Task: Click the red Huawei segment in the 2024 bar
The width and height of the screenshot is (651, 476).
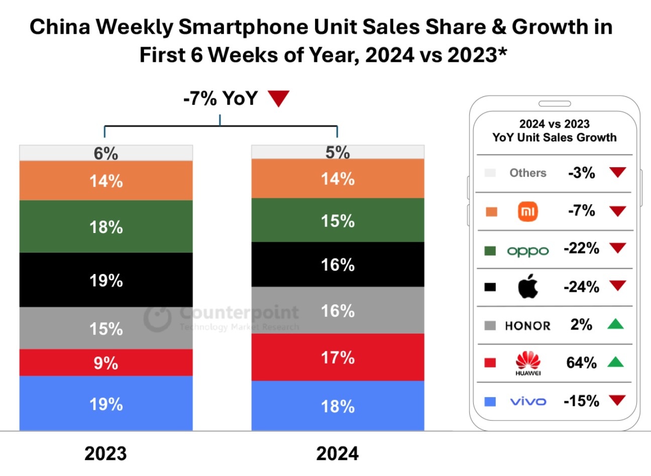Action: tap(338, 358)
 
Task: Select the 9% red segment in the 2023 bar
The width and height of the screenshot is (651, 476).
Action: tap(106, 363)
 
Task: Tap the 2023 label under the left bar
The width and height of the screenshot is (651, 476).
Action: tap(105, 453)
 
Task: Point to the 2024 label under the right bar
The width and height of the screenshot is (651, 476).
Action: tap(338, 453)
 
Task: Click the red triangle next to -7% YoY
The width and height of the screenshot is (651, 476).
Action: tap(279, 98)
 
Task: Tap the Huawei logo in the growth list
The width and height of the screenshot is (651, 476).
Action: tap(528, 363)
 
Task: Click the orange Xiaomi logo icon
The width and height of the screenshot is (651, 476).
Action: tap(528, 211)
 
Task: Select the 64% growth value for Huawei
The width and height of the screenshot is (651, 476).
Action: tap(581, 363)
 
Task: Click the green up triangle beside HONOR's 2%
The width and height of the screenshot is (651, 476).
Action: tap(615, 324)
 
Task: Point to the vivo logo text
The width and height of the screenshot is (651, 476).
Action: tap(528, 401)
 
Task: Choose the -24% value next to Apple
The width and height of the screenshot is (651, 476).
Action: tap(581, 287)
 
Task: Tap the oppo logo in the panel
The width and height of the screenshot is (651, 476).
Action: tap(528, 251)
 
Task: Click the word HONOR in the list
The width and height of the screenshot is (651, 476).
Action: tap(527, 326)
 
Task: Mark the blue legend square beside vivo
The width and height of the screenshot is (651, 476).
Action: tap(490, 401)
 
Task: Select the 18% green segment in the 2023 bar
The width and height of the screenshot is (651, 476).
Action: tap(106, 226)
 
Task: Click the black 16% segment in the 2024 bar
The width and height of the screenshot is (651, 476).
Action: tap(338, 265)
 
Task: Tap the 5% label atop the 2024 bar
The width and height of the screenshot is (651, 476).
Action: tap(338, 152)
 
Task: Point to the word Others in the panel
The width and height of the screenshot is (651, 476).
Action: tap(527, 173)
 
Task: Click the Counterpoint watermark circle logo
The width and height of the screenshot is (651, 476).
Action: tap(157, 317)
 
